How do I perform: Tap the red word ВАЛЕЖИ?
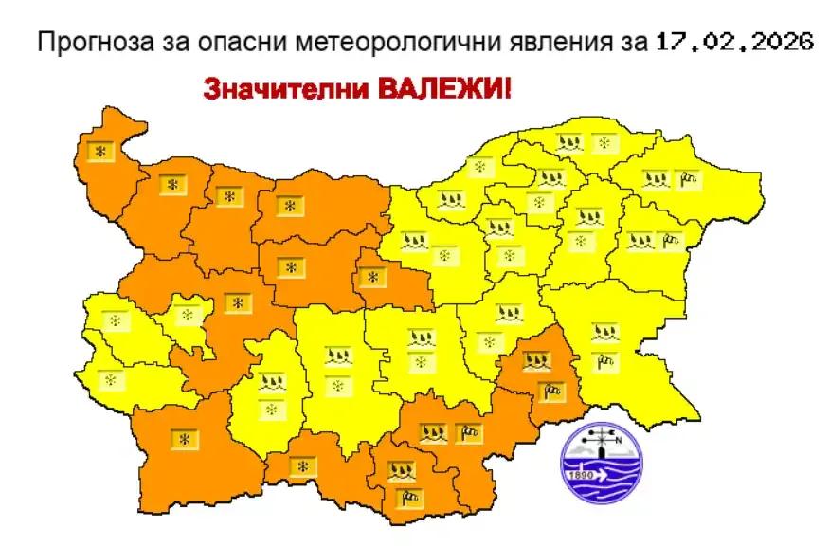coord(444,91)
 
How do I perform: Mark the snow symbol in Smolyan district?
coord(302,466)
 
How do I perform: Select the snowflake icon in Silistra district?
coord(604,143)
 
